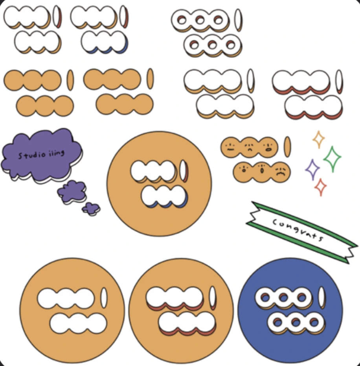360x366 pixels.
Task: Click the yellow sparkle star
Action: click(318, 139)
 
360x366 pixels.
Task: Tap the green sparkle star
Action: click(332, 159)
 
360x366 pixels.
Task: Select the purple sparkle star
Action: click(312, 170)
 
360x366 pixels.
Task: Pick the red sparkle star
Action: click(321, 187)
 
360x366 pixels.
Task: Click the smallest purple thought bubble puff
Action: click(91, 208)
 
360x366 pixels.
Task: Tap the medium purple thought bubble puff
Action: click(72, 192)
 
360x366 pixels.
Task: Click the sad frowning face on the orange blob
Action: click(280, 172)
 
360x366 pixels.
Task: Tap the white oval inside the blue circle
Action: click(322, 298)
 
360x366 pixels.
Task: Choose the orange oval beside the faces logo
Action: click(287, 146)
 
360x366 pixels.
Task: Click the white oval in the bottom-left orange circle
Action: click(104, 298)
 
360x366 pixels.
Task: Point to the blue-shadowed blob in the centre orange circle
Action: click(163, 196)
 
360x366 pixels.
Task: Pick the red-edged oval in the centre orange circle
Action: click(184, 171)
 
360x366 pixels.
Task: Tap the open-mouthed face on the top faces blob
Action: click(268, 147)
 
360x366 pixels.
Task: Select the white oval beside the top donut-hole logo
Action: click(238, 20)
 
